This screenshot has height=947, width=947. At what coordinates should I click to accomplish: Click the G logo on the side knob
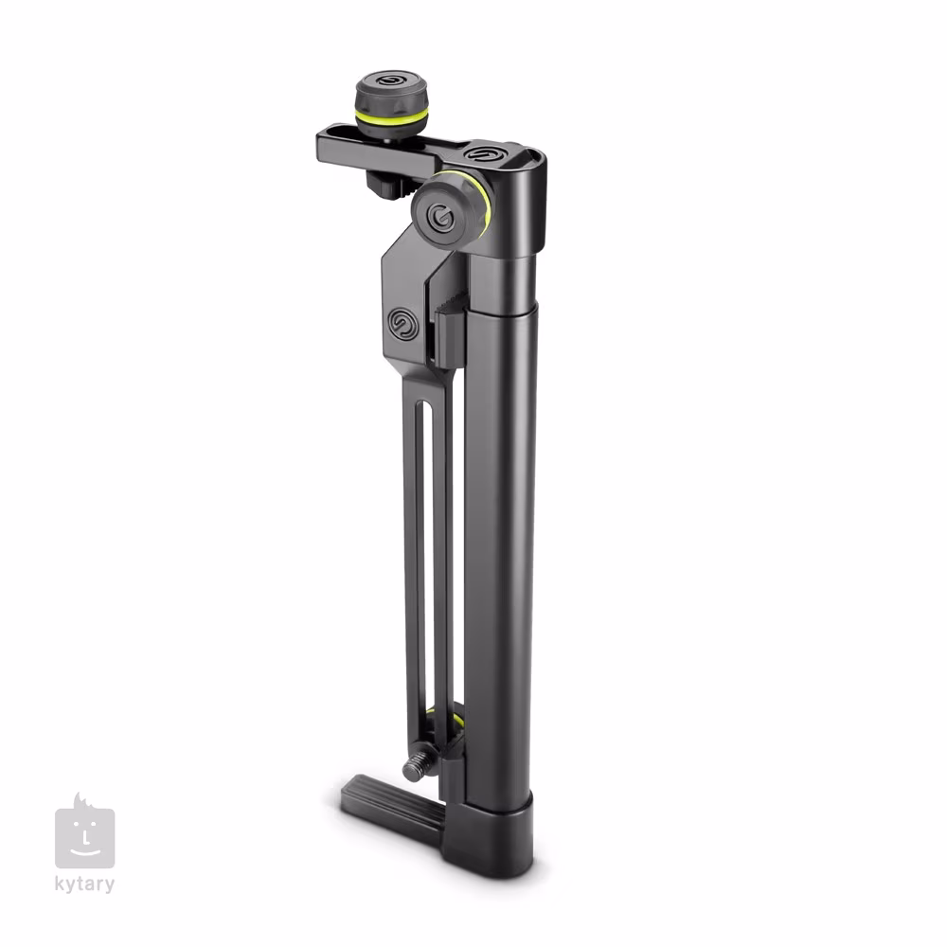[x=441, y=217]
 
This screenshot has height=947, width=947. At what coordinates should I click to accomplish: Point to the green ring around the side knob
[x=483, y=203]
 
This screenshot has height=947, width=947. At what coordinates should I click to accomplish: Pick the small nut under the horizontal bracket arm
[x=384, y=185]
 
